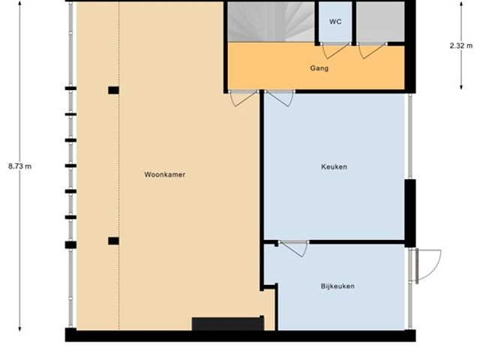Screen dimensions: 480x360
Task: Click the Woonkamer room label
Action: [x=165, y=175]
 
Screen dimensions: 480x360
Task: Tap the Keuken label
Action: [x=334, y=166]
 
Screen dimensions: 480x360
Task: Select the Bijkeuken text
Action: [x=337, y=286]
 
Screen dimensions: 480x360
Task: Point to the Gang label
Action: [x=319, y=68]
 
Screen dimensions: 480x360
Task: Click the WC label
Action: [x=335, y=22]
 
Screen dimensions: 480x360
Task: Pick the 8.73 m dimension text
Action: [x=20, y=166]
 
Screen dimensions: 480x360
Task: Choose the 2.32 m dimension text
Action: [x=461, y=46]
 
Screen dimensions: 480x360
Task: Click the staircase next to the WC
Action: [x=271, y=22]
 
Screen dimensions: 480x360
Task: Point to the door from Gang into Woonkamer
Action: [x=244, y=98]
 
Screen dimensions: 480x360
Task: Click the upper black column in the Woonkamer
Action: [x=113, y=90]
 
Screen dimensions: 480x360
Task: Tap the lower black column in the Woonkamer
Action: [x=113, y=241]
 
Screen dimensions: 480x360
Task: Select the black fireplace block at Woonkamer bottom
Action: [x=228, y=323]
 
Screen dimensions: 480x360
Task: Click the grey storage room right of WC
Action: [x=380, y=22]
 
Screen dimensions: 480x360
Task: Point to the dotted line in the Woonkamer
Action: [x=119, y=166]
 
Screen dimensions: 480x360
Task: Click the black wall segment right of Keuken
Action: [x=410, y=213]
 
